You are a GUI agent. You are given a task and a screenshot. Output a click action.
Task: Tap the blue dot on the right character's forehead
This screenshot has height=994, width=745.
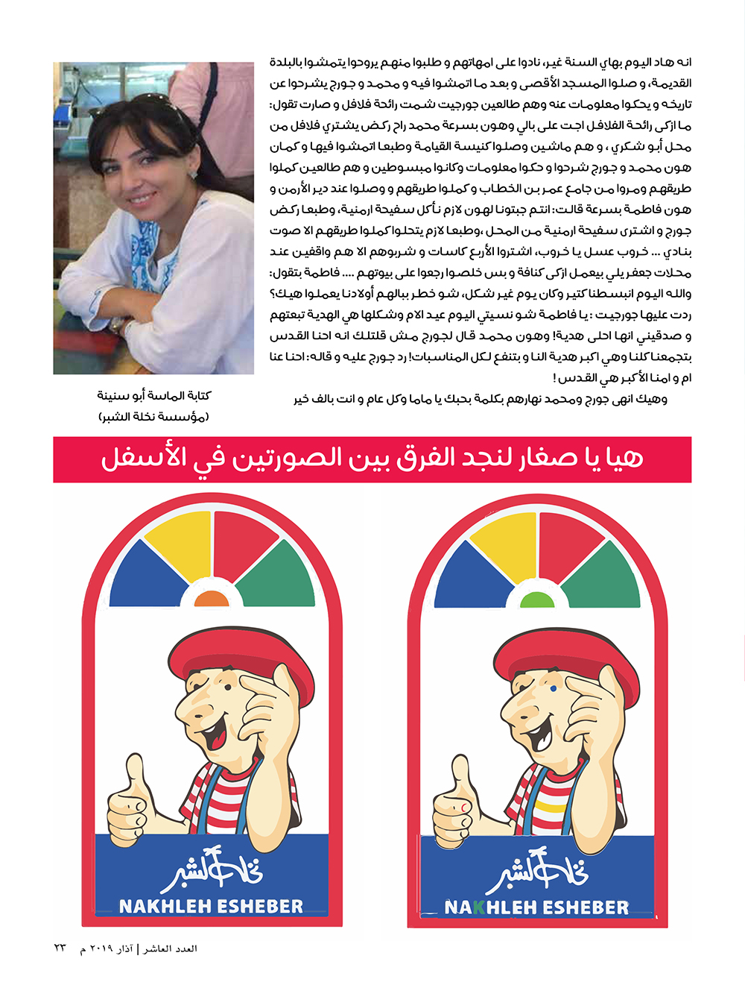click(x=553, y=688)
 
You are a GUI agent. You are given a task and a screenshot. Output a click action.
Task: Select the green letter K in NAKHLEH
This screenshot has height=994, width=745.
click(x=479, y=908)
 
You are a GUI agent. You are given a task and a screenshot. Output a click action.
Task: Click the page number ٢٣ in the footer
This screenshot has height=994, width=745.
click(x=60, y=949)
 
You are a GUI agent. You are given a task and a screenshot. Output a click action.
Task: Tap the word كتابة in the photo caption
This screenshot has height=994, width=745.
click(x=195, y=395)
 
